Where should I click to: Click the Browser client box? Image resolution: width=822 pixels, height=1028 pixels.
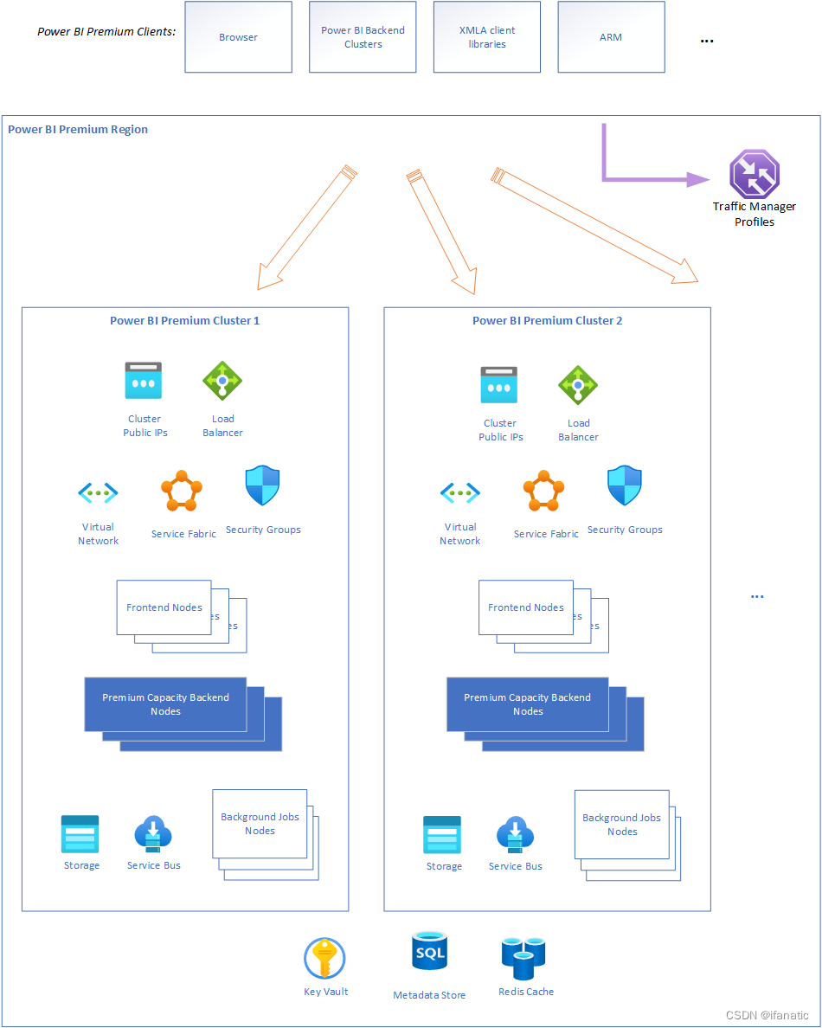pyautogui.click(x=238, y=37)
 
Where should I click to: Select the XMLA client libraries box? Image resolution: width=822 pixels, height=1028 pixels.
pyautogui.click(x=487, y=37)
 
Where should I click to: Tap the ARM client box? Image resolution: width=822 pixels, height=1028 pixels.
pyautogui.click(x=611, y=37)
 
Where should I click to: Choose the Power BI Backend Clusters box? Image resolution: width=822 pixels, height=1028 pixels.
pyautogui.click(x=363, y=37)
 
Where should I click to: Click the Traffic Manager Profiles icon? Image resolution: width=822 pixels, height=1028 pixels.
pyautogui.click(x=755, y=174)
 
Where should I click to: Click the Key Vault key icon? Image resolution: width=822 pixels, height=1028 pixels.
pyautogui.click(x=325, y=959)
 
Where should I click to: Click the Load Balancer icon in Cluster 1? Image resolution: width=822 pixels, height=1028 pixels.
pyautogui.click(x=222, y=380)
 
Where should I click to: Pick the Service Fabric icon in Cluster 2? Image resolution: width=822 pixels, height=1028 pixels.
pyautogui.click(x=544, y=492)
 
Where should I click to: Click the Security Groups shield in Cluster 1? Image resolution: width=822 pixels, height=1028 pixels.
pyautogui.click(x=263, y=486)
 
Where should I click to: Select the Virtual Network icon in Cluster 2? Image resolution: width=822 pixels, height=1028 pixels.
pyautogui.click(x=460, y=493)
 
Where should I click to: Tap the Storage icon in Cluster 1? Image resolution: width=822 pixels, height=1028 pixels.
pyautogui.click(x=80, y=834)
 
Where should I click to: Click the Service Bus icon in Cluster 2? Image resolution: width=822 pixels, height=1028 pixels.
pyautogui.click(x=516, y=835)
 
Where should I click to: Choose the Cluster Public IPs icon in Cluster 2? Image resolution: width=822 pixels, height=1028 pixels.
pyautogui.click(x=499, y=385)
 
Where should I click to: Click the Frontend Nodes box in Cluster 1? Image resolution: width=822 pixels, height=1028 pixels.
pyautogui.click(x=164, y=607)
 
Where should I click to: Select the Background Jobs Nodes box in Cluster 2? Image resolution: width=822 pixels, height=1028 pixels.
pyautogui.click(x=621, y=824)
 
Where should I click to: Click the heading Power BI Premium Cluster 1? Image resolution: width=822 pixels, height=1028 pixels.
pyautogui.click(x=184, y=321)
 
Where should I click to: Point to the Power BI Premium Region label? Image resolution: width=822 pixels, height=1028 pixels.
pyautogui.click(x=78, y=130)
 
